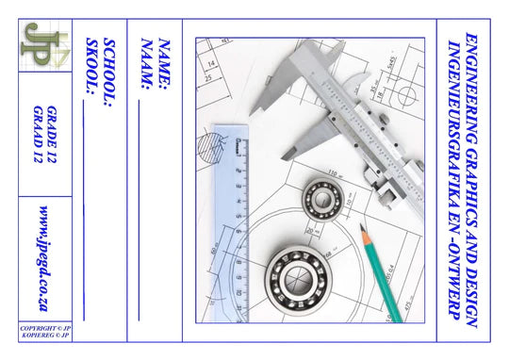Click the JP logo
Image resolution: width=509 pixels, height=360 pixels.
(45, 45)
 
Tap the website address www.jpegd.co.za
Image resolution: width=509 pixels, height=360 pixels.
(44, 258)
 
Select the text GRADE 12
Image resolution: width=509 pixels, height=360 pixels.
(52, 135)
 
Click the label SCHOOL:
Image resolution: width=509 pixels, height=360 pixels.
(109, 73)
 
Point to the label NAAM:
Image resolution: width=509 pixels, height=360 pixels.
(147, 64)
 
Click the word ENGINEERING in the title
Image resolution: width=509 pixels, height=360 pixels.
(471, 89)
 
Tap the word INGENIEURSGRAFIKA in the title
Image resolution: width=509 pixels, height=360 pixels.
(453, 134)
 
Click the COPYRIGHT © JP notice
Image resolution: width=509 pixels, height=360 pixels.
(45, 328)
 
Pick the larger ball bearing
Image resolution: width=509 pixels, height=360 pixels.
(299, 280)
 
